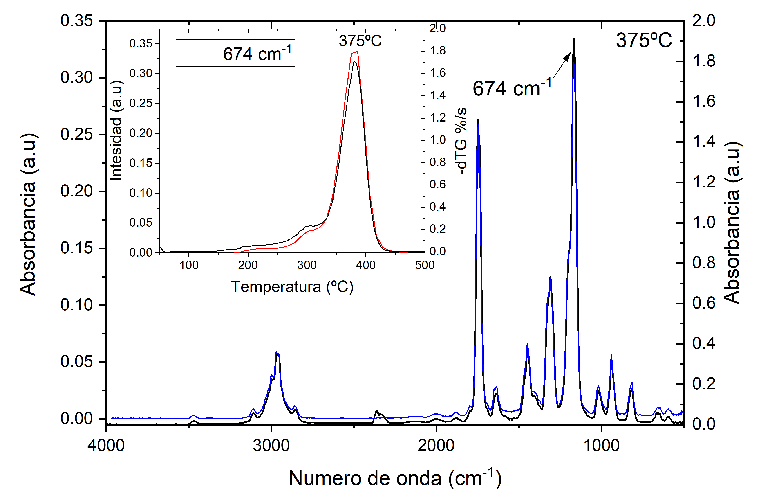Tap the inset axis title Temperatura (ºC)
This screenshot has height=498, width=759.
pyautogui.click(x=292, y=286)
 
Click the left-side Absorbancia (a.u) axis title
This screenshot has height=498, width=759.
pyautogui.click(x=28, y=214)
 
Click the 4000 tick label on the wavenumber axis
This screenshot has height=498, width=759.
pyautogui.click(x=106, y=445)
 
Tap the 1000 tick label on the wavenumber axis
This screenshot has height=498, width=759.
pyautogui.click(x=601, y=445)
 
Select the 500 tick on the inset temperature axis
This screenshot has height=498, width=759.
pyautogui.click(x=425, y=265)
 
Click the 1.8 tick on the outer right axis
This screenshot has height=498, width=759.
pyautogui.click(x=703, y=61)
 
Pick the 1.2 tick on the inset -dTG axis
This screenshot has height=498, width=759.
pyautogui.click(x=438, y=118)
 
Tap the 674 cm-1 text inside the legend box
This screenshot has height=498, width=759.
pyautogui.click(x=257, y=53)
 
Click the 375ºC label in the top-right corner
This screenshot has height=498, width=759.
pyautogui.click(x=644, y=41)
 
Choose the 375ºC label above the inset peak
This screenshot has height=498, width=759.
pyautogui.click(x=360, y=41)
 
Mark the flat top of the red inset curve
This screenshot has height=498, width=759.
pyautogui.click(x=355, y=52)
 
